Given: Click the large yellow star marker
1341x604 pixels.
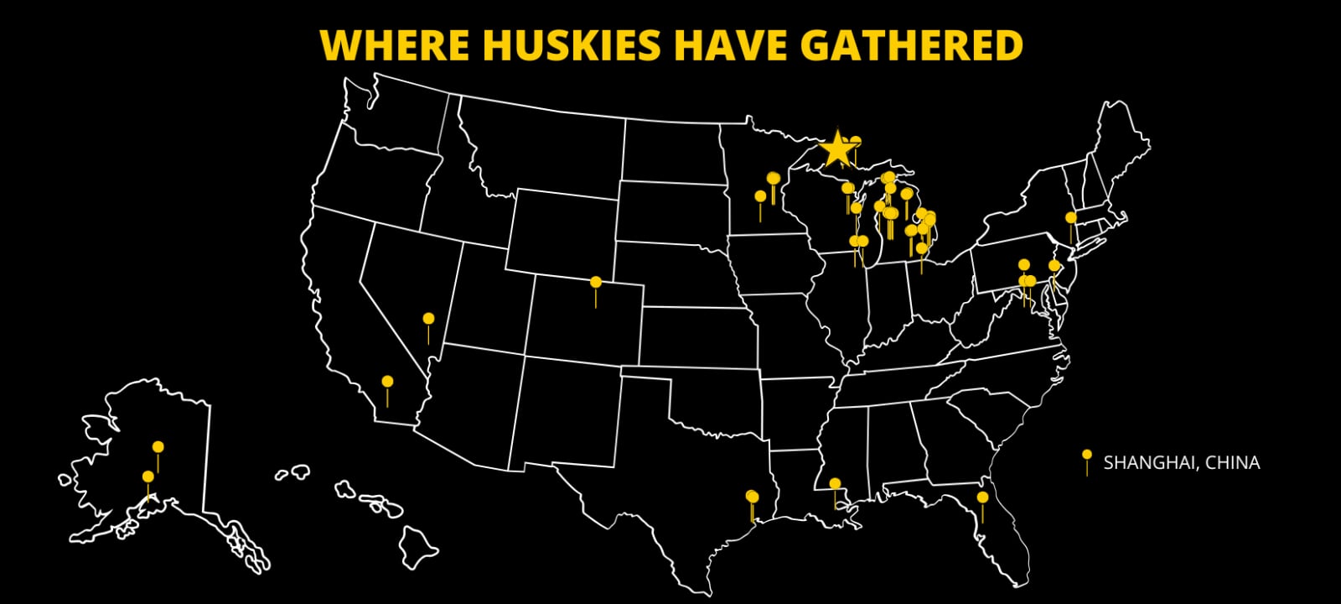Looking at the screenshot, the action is pyautogui.click(x=837, y=149).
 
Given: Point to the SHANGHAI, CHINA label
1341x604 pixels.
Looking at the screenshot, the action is pyautogui.click(x=1181, y=462).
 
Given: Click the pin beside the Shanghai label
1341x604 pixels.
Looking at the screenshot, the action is pyautogui.click(x=1087, y=456).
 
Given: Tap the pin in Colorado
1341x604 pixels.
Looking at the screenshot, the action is pyautogui.click(x=596, y=283).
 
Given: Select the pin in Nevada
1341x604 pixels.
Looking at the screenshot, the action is pyautogui.click(x=428, y=320).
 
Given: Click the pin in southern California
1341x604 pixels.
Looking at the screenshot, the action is pyautogui.click(x=387, y=383).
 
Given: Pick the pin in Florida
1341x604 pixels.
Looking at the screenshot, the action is pyautogui.click(x=982, y=498).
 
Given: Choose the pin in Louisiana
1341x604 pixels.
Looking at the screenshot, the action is pyautogui.click(x=835, y=484).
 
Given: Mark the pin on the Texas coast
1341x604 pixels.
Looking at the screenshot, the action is pyautogui.click(x=752, y=497).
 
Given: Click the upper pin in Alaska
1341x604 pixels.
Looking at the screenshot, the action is pyautogui.click(x=158, y=447).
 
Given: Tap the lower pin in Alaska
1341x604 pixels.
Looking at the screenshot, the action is pyautogui.click(x=148, y=477).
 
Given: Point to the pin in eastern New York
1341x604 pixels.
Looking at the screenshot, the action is pyautogui.click(x=1070, y=218).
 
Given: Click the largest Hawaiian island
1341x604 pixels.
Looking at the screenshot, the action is pyautogui.click(x=418, y=547).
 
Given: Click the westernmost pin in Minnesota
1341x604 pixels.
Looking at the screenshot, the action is pyautogui.click(x=760, y=197).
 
